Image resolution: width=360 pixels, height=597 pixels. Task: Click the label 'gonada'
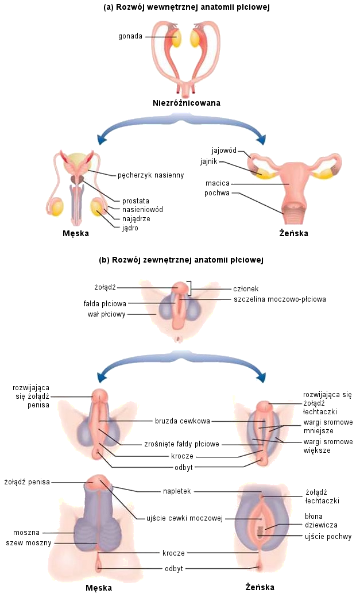[x=131, y=37]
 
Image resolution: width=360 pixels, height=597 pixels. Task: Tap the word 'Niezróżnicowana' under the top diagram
[x=187, y=103]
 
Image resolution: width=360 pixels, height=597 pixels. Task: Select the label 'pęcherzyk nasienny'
[x=150, y=175]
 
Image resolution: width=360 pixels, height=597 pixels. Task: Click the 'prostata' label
[x=136, y=201]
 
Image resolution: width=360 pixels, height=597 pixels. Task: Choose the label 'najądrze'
[x=136, y=219]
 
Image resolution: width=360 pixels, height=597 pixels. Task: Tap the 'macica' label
[x=218, y=184]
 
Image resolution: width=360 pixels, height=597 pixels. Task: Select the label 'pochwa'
[x=217, y=193]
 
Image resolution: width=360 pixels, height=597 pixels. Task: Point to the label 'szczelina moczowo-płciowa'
[x=280, y=299]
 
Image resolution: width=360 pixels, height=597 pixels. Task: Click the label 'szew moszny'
[x=29, y=543]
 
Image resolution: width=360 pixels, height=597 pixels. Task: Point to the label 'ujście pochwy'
[x=328, y=537]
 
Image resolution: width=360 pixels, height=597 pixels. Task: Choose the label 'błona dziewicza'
[x=321, y=521]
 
